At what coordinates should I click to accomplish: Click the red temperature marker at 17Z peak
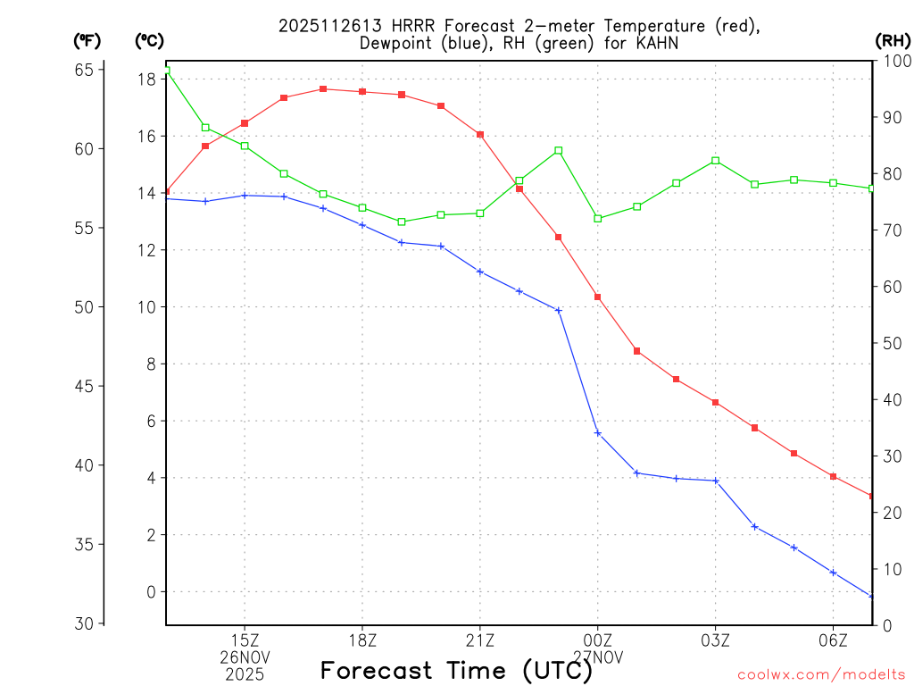[323, 89]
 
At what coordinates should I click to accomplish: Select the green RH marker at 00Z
[598, 219]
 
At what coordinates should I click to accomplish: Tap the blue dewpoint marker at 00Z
[598, 433]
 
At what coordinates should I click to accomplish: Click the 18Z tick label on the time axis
[362, 640]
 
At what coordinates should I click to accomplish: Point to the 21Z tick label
[480, 640]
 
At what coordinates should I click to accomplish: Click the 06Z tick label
[833, 640]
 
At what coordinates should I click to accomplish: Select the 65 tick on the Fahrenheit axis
[86, 70]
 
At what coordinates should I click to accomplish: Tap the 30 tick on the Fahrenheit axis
[86, 623]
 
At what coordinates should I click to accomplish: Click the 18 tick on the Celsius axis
[147, 79]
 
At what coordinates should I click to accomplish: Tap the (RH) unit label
[893, 40]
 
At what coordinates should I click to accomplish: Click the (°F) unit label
[87, 40]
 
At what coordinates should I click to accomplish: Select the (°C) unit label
[149, 40]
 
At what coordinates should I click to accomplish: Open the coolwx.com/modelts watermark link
[821, 674]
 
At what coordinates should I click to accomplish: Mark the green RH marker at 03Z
[716, 161]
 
